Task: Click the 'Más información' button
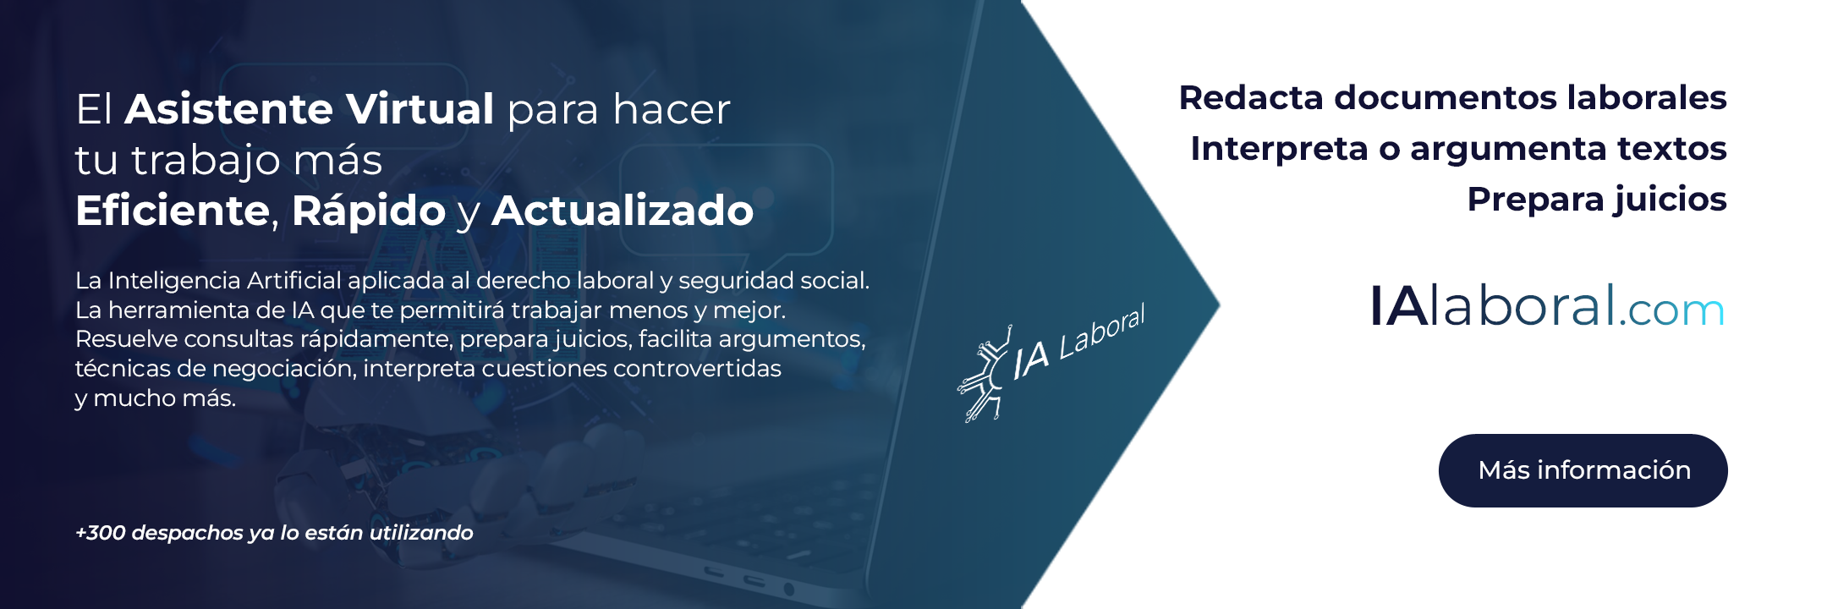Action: pos(1583,470)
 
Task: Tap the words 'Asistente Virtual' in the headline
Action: pos(310,109)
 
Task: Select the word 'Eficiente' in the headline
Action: pos(173,210)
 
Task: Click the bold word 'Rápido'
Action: pos(368,211)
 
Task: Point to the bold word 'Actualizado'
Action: pos(623,210)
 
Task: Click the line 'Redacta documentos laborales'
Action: pos(1452,98)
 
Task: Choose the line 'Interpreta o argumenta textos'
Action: pos(1458,150)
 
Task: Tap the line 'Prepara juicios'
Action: pos(1597,200)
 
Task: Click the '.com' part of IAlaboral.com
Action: pos(1671,310)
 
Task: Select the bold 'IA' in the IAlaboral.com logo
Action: pos(1398,305)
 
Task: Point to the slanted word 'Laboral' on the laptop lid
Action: pos(1102,332)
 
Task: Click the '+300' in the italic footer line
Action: pos(101,533)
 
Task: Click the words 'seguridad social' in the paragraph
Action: pos(773,281)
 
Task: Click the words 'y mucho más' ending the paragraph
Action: pos(156,398)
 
